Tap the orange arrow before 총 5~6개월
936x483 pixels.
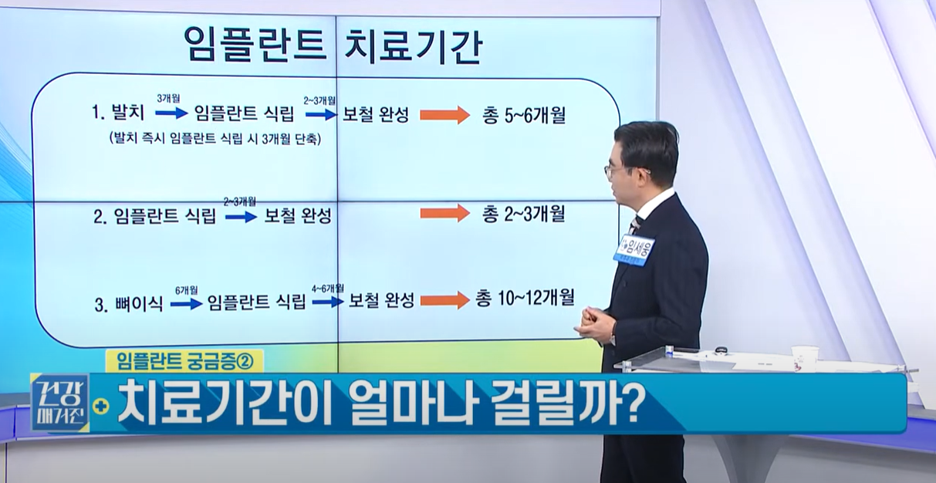pyautogui.click(x=444, y=116)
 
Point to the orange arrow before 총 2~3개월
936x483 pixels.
pyautogui.click(x=444, y=213)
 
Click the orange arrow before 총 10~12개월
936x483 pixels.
pyautogui.click(x=444, y=299)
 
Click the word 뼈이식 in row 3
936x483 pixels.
pyautogui.click(x=139, y=303)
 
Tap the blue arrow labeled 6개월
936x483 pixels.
pyautogui.click(x=186, y=304)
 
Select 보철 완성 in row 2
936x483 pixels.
pyautogui.click(x=298, y=216)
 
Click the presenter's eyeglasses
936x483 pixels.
pyautogui.click(x=615, y=169)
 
